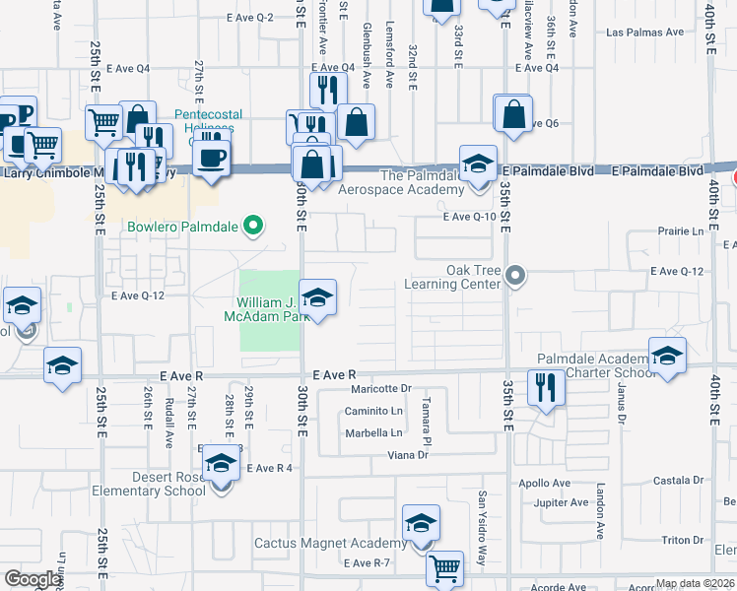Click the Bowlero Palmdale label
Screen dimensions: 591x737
click(182, 228)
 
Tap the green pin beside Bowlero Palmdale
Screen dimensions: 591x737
click(253, 228)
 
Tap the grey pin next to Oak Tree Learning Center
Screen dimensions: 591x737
click(515, 277)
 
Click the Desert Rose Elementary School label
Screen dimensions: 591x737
click(149, 484)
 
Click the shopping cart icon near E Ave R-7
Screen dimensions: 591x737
click(445, 567)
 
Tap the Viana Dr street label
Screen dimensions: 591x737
click(408, 454)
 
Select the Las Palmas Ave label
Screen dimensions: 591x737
click(645, 33)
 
